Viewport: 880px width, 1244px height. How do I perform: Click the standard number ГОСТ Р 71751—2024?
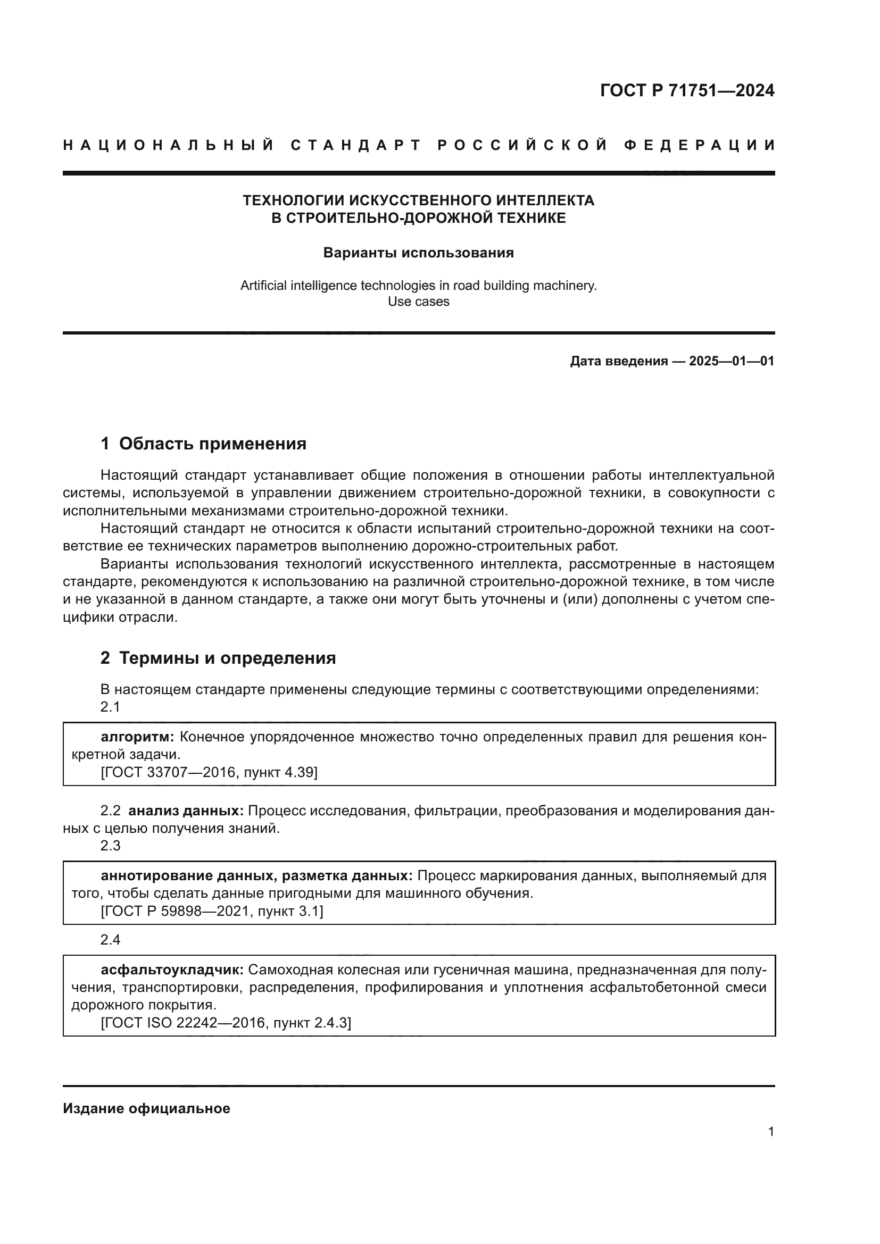coord(687,90)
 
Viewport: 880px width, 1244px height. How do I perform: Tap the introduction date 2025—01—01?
coord(732,361)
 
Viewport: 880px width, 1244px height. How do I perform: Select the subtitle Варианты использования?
coord(418,253)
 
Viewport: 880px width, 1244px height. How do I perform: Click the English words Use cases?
coord(418,302)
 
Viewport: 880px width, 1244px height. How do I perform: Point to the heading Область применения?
coord(212,444)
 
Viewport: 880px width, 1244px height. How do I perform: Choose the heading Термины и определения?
coord(227,658)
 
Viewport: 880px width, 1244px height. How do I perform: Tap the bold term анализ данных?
coord(186,811)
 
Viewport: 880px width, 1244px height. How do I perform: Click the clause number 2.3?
coord(110,846)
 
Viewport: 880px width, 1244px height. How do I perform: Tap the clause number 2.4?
coord(110,939)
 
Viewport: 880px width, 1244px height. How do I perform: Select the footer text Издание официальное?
coord(146,1108)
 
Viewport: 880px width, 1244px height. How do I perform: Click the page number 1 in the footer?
coord(770,1132)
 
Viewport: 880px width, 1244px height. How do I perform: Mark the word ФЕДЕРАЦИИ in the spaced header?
coord(699,145)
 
